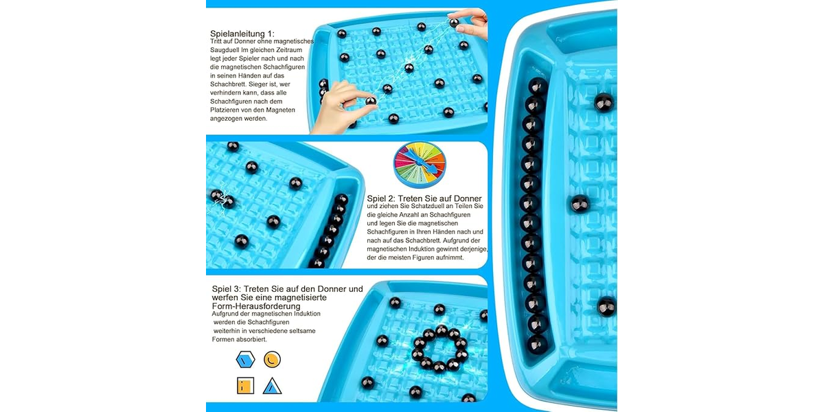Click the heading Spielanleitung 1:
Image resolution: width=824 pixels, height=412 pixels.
(x=242, y=34)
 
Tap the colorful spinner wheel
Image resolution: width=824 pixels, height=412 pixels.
(x=420, y=164)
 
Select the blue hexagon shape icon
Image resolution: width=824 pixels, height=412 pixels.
(x=245, y=359)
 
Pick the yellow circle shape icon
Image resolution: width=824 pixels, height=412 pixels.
(x=272, y=359)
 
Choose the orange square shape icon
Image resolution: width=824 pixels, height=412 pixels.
(x=245, y=386)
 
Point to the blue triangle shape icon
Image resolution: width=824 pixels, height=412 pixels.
(x=272, y=386)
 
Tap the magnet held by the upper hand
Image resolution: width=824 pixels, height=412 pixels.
(x=455, y=23)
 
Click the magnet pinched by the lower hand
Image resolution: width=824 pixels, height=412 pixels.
(x=371, y=100)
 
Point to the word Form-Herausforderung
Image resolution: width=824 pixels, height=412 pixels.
(x=256, y=306)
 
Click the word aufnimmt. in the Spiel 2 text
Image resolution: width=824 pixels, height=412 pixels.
(x=450, y=257)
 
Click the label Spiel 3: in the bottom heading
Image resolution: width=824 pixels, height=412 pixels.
(x=226, y=289)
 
